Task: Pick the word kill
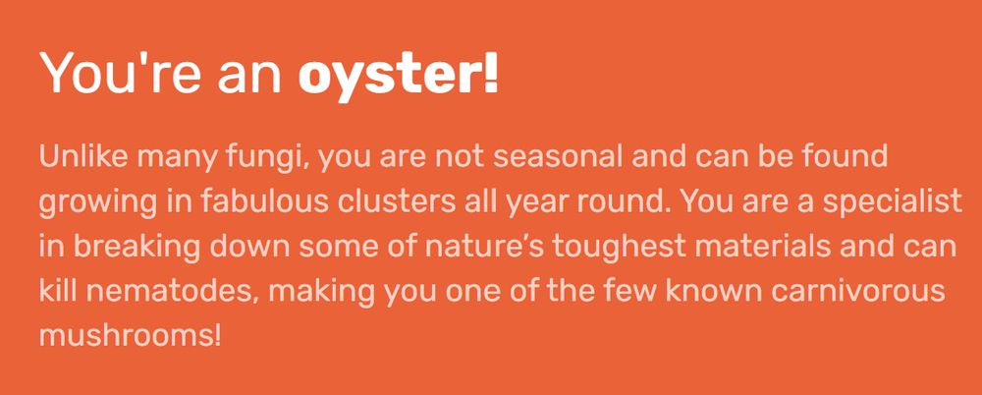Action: tap(57, 292)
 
